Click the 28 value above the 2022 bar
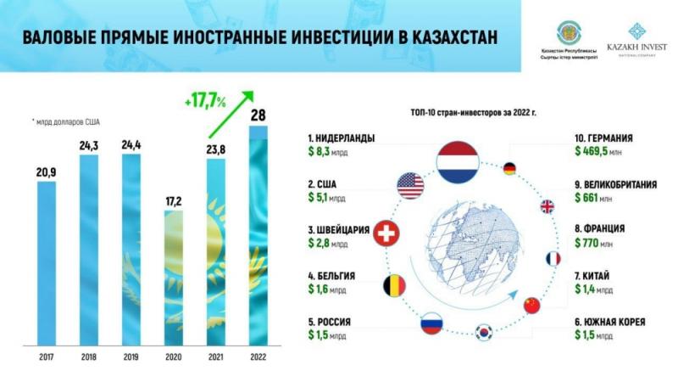(258, 115)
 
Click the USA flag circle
(409, 185)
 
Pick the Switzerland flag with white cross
(387, 234)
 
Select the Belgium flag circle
(395, 285)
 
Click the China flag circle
(531, 305)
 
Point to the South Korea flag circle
(484, 331)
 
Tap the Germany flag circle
(509, 168)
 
